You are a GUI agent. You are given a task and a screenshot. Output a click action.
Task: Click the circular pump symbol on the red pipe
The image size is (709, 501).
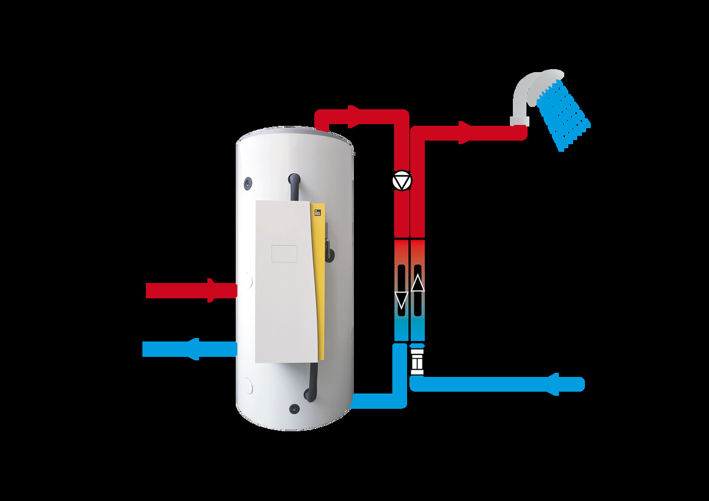pos(402,181)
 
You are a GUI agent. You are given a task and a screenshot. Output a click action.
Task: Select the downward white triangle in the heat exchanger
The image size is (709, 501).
pos(401,300)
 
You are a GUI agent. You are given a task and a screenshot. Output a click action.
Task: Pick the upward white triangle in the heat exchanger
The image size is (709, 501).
pos(417,284)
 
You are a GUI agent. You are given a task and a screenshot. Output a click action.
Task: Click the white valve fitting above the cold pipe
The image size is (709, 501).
pos(417,362)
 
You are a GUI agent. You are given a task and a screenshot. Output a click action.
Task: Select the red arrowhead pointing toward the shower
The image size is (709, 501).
pos(467,132)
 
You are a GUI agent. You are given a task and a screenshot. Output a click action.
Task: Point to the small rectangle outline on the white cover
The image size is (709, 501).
pos(284,253)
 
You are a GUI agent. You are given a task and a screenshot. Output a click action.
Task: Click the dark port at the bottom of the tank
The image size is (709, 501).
pos(294,408)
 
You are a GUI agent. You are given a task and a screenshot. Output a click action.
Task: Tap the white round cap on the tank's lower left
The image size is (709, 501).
pos(248,386)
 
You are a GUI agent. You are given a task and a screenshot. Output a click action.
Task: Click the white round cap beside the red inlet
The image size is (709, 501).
pos(247,279)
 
